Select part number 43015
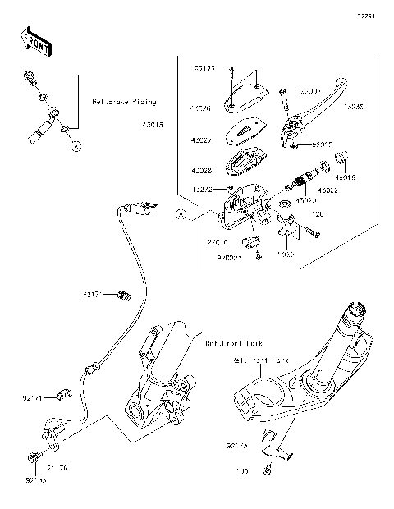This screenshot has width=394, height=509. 153,126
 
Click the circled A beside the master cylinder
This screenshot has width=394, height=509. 181,214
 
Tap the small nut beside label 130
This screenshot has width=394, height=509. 268,471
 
